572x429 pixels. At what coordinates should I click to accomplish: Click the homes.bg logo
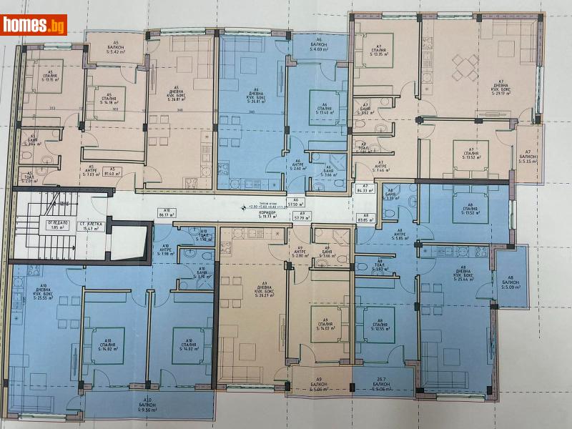coord(34,25)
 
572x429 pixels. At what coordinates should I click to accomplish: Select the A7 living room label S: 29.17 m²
coord(500,88)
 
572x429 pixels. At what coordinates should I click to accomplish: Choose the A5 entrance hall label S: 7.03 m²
coord(90,173)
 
